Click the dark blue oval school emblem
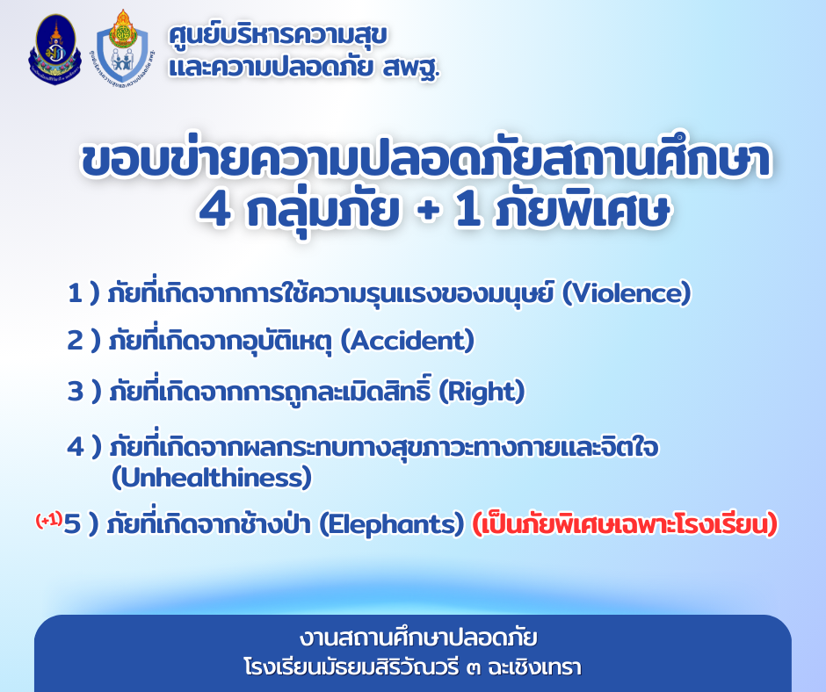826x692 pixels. [54, 49]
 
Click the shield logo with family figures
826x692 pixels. [124, 48]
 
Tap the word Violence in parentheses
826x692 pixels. [627, 293]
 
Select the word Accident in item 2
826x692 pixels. [408, 341]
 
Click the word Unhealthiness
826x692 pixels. [212, 478]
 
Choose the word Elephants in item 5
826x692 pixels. [392, 524]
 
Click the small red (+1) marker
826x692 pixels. [48, 520]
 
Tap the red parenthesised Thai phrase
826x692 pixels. [625, 524]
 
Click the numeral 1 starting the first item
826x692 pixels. [75, 293]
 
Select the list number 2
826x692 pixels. [75, 341]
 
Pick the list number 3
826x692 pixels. [76, 392]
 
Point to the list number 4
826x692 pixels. [76, 447]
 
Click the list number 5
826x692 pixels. [72, 524]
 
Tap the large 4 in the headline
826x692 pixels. [215, 210]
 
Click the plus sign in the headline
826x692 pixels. [428, 211]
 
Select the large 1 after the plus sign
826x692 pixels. [468, 210]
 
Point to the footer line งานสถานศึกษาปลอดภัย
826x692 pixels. [419, 638]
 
